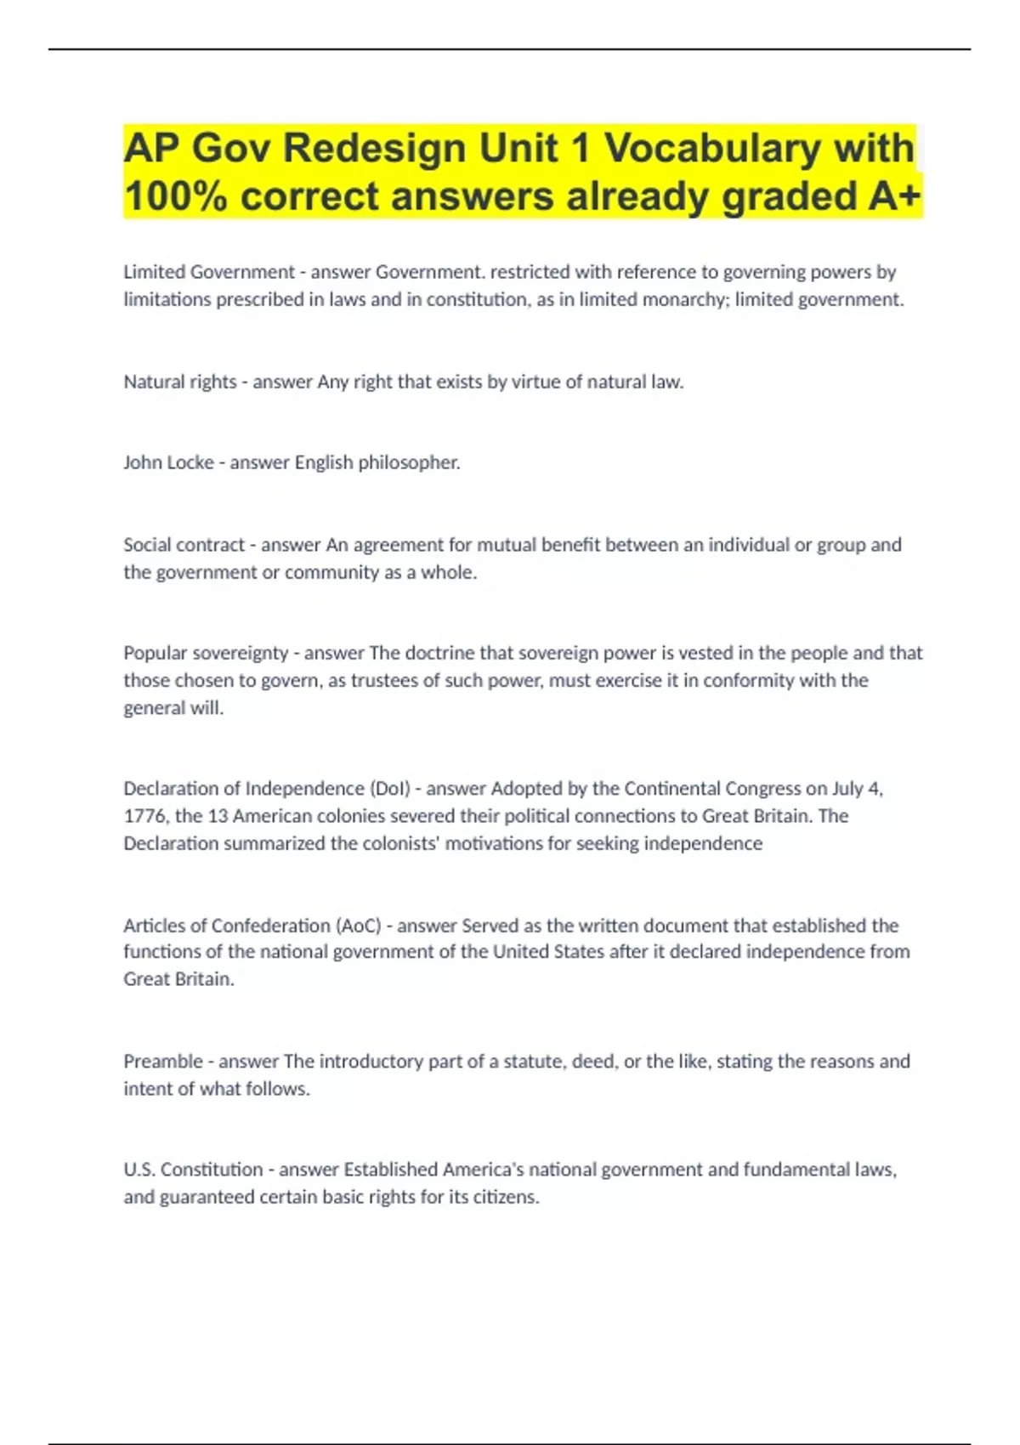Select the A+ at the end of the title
pos(894,196)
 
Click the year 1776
pos(145,816)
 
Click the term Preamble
pos(163,1061)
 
